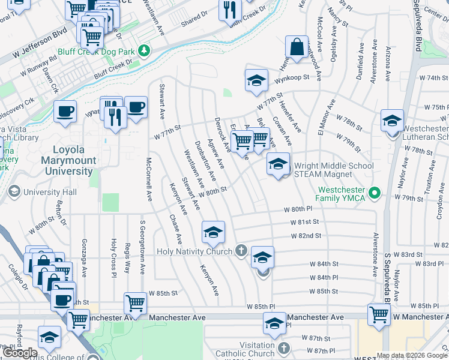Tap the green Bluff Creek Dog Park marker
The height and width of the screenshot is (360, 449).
pos(143,49)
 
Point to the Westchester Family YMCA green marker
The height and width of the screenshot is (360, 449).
pos(375,193)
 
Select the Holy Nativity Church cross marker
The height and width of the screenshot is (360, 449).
pos(241,251)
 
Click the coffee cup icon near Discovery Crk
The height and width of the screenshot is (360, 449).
pos(65,110)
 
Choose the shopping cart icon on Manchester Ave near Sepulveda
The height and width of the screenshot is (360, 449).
pos(379,313)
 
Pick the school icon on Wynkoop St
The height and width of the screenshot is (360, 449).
pos(256,80)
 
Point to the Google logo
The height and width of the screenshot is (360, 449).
pos(20,353)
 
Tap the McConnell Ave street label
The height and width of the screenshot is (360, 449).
pos(149,179)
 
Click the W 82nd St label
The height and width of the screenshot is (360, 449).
pos(306,236)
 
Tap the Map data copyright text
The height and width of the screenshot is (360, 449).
pos(412,356)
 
